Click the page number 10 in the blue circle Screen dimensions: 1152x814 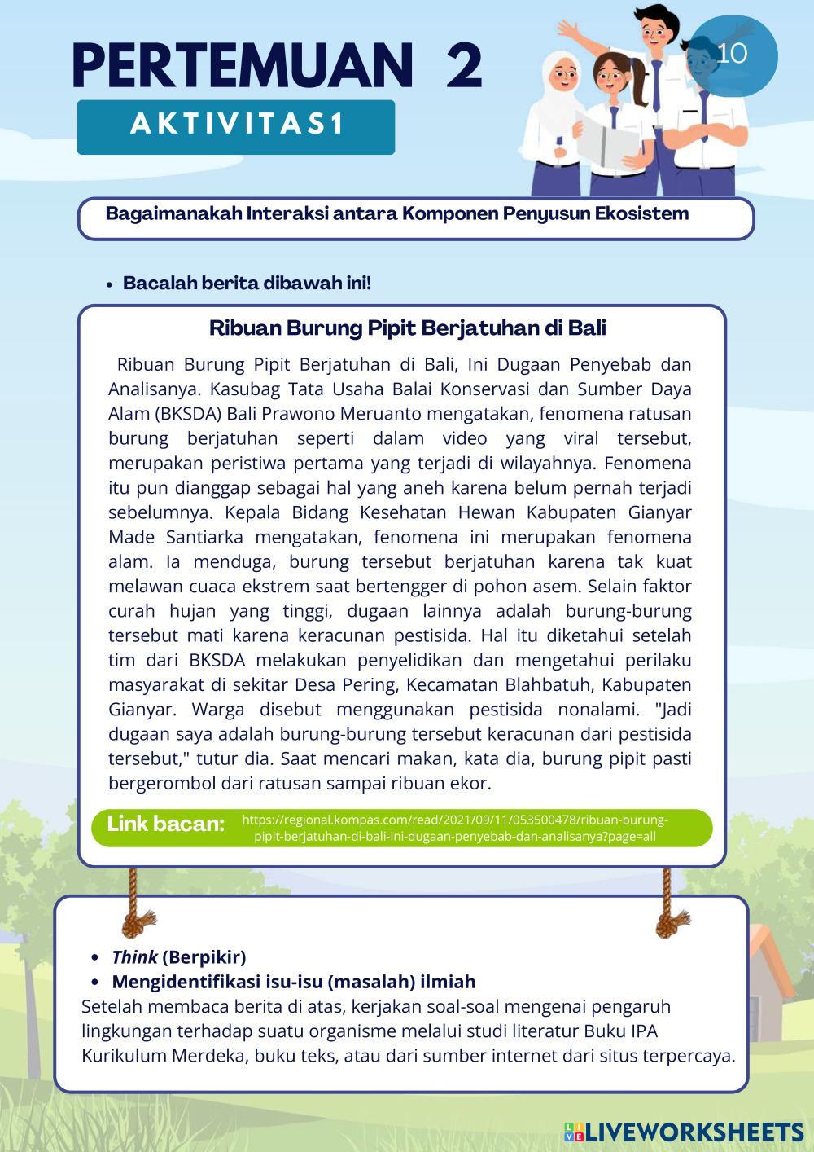tap(733, 53)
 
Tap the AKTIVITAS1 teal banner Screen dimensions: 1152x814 tap(236, 126)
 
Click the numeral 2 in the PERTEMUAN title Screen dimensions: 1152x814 tap(464, 67)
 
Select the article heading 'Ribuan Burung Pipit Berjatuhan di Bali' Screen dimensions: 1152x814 tap(407, 328)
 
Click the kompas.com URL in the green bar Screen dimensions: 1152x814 tap(455, 828)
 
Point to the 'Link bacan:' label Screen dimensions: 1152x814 tap(165, 824)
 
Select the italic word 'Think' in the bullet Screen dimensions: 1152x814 tap(134, 956)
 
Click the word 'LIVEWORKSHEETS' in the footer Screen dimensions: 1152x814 tap(694, 1132)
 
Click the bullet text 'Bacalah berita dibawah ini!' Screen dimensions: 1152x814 tap(247, 284)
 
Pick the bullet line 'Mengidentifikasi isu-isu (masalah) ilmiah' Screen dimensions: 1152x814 tap(293, 981)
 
